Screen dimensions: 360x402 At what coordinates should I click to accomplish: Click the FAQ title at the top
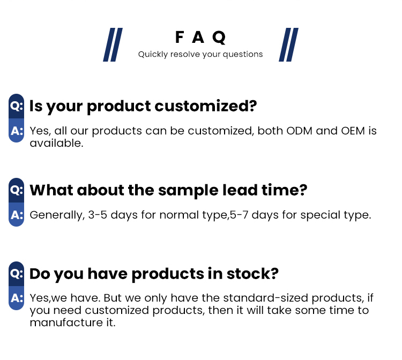(x=200, y=37)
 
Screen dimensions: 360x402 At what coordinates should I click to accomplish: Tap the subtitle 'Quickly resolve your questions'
(x=200, y=54)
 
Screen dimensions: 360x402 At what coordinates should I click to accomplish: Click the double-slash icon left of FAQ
(x=113, y=44)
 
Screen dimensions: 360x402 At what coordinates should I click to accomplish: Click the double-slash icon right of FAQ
(x=288, y=44)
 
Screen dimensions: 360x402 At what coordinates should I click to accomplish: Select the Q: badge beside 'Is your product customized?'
(x=17, y=106)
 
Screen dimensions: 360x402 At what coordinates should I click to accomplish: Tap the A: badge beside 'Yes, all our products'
(x=17, y=131)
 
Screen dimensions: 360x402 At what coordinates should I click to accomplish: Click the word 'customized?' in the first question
(x=206, y=106)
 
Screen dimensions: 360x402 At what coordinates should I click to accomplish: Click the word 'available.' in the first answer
(x=56, y=143)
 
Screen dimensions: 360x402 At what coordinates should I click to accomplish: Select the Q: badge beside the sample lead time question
(x=17, y=190)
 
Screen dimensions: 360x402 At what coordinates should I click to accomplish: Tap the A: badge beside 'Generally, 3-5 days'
(x=17, y=215)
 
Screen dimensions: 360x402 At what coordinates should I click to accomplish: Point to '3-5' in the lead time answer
(x=98, y=215)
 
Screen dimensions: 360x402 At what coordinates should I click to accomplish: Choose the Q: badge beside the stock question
(x=17, y=273)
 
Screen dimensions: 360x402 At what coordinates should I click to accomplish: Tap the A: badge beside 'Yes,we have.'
(x=17, y=298)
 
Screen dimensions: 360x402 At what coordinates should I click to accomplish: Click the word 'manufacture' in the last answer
(x=61, y=322)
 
